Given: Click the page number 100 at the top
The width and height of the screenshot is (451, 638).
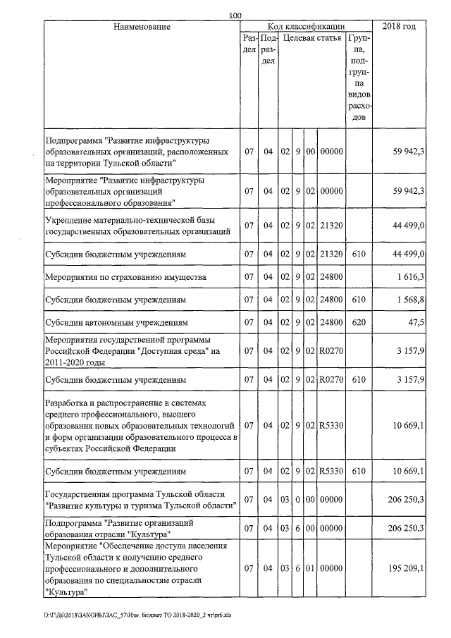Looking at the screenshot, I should (x=235, y=15).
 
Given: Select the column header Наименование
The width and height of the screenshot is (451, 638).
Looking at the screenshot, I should (x=142, y=27).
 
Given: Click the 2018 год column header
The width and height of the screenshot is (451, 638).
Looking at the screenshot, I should (x=398, y=27).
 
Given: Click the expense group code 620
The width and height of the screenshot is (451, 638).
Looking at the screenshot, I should (x=359, y=323).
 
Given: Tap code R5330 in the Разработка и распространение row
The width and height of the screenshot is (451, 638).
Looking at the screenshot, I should (x=330, y=426).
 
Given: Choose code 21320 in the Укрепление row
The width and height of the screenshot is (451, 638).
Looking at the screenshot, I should (x=330, y=225).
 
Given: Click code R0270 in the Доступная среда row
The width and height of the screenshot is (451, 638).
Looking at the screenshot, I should (x=330, y=351).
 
